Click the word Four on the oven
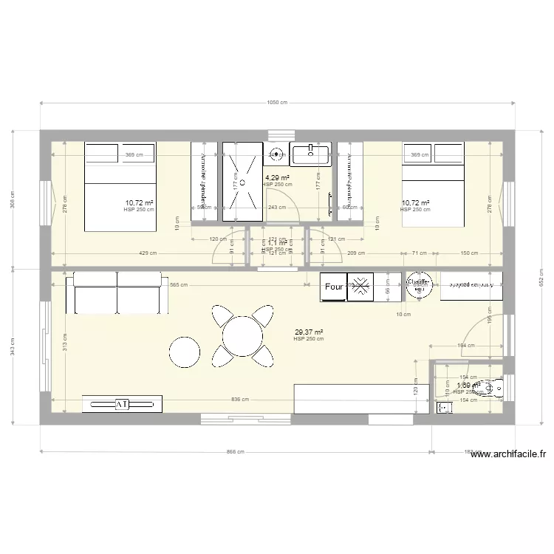click(x=332, y=288)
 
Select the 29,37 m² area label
click(x=308, y=333)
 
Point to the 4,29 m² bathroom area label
click(x=277, y=178)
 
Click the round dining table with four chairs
click(x=242, y=337)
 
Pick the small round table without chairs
click(x=185, y=352)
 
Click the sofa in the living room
click(x=117, y=293)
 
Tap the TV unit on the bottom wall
click(x=121, y=403)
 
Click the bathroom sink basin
click(x=310, y=155)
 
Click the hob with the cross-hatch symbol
click(x=360, y=287)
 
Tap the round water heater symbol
click(x=419, y=287)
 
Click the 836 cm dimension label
click(x=239, y=400)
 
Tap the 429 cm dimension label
click(x=148, y=253)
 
